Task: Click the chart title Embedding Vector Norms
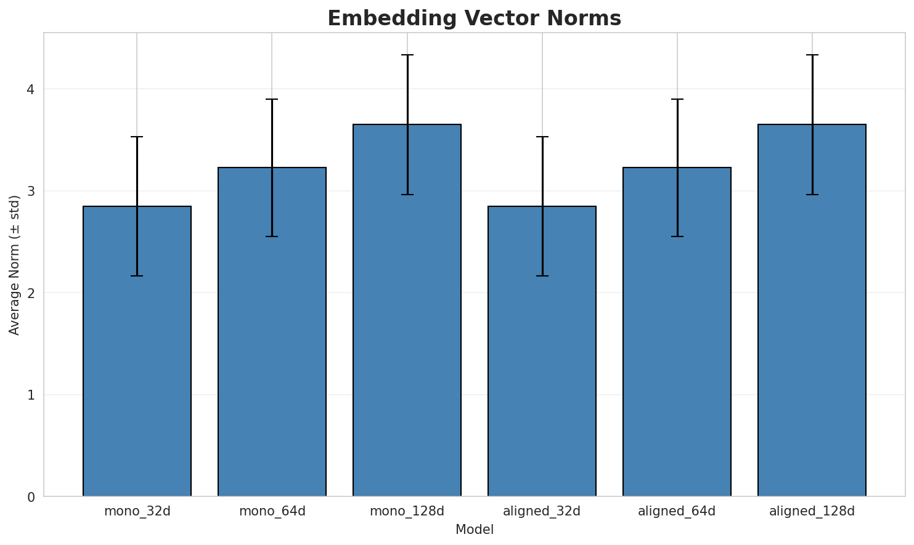point(474,18)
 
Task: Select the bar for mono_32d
point(137,351)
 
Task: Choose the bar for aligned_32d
point(542,351)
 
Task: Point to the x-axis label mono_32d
point(137,511)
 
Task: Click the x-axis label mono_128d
point(407,511)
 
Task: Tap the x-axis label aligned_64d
point(677,511)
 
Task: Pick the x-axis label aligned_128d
point(812,511)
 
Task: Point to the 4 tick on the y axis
point(30,89)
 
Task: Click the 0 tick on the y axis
point(30,496)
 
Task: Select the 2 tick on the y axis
point(30,293)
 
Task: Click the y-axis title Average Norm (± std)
point(15,265)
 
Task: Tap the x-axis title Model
point(474,530)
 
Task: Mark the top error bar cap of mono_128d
point(407,55)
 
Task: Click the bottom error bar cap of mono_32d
point(137,276)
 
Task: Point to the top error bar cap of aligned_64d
point(677,99)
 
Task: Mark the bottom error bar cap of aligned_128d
point(812,195)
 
